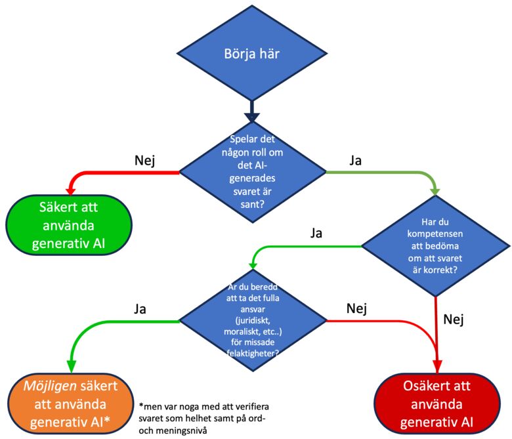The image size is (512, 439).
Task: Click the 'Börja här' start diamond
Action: (252, 52)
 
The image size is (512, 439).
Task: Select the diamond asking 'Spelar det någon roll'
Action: (252, 172)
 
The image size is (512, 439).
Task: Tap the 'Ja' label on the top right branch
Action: (356, 161)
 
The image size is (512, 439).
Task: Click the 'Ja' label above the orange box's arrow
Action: (140, 308)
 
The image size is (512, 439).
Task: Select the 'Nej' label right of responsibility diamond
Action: (356, 308)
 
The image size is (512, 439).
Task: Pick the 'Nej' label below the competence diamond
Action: (454, 320)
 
